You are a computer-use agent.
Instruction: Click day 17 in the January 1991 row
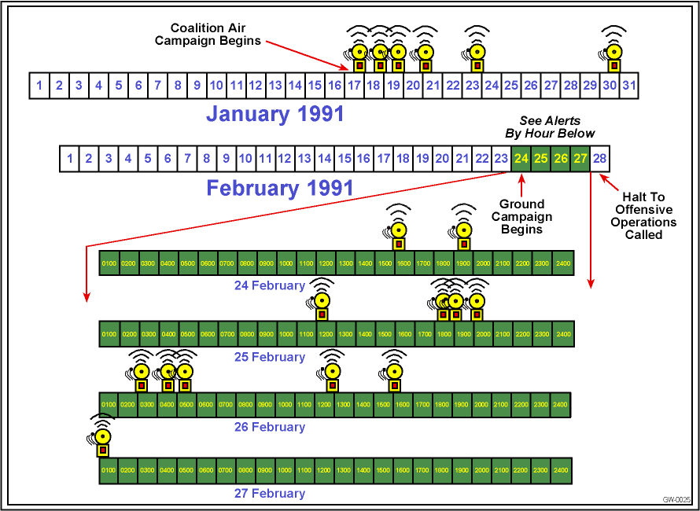tap(354, 85)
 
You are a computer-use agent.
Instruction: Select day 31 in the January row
tap(628, 85)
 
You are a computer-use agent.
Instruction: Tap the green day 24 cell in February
tap(521, 159)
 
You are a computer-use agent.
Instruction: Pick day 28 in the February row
tap(599, 159)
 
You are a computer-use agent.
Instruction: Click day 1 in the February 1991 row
tap(69, 159)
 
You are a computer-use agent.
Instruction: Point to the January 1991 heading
tap(274, 114)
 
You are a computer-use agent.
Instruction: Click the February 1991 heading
tap(279, 189)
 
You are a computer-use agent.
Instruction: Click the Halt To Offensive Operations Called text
tap(643, 215)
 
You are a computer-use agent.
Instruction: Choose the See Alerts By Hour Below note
tap(550, 127)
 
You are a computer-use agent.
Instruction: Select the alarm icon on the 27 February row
tap(102, 441)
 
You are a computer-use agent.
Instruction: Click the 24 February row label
tap(269, 285)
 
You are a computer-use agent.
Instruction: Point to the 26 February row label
tap(269, 427)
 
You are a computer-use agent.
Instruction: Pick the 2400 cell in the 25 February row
tap(563, 334)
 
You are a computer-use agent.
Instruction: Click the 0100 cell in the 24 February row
tap(109, 263)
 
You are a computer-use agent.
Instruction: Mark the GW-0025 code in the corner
tap(676, 500)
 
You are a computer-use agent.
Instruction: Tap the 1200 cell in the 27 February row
tap(324, 471)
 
